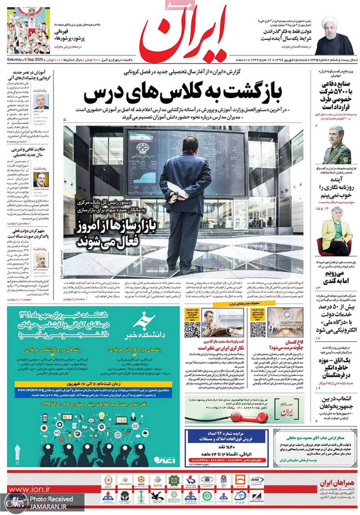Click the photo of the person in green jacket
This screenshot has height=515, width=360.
(336, 234)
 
